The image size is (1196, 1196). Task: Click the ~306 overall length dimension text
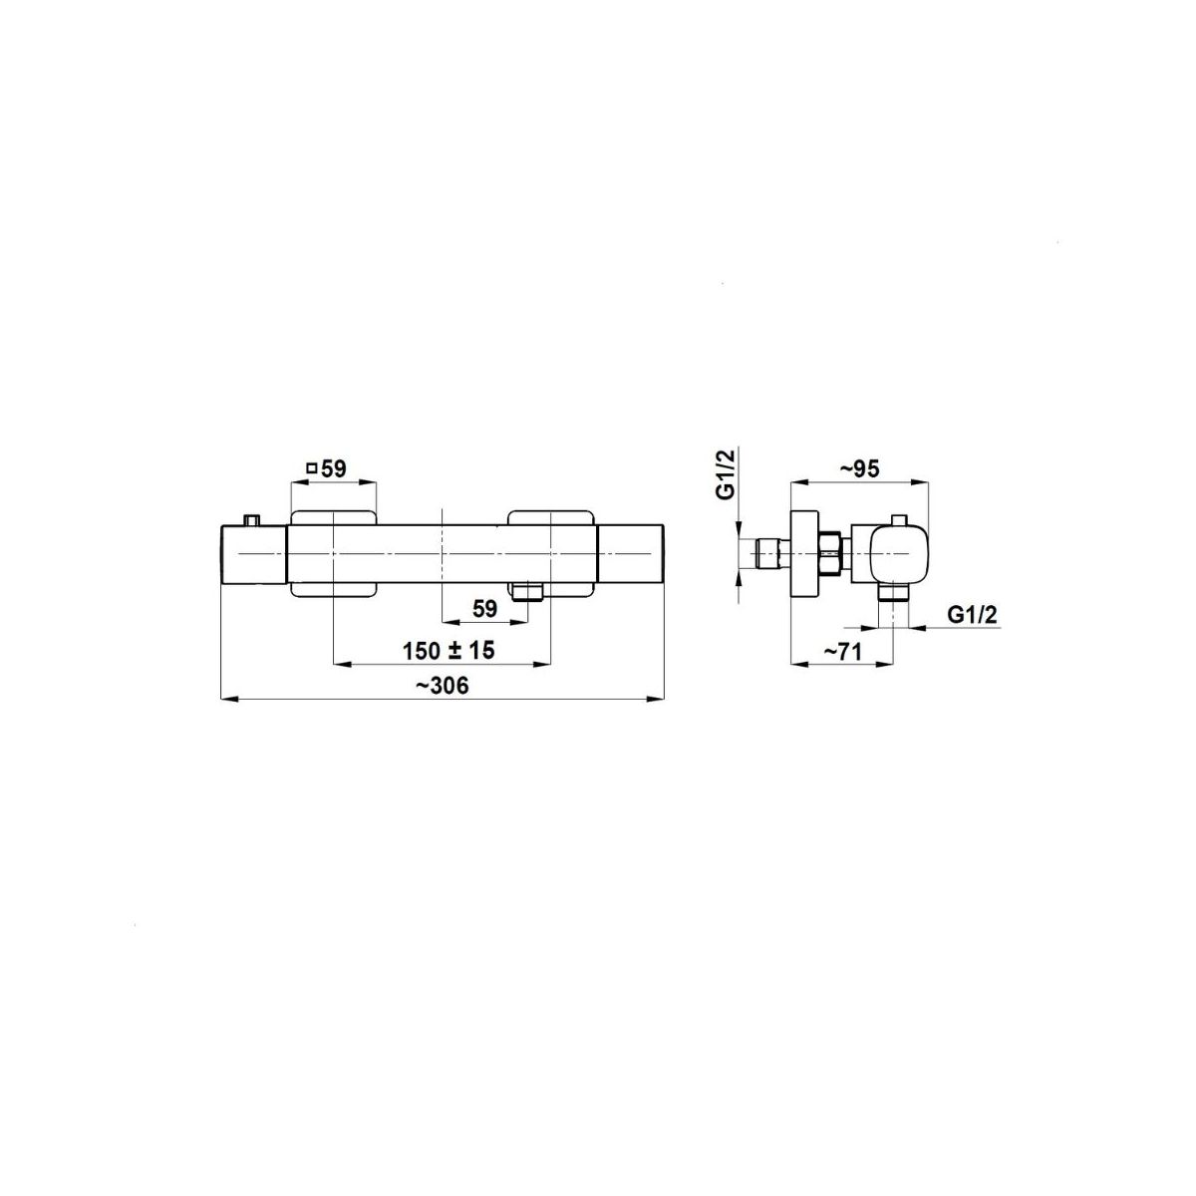point(443,686)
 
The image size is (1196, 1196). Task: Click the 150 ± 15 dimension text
point(448,651)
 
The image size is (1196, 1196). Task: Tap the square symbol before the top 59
point(313,468)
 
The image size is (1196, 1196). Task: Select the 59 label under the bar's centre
point(484,610)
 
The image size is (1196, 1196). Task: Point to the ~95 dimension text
point(859,469)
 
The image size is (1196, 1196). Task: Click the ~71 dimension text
point(842,652)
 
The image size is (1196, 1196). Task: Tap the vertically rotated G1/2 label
point(726,474)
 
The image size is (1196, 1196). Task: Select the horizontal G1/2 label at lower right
point(972,615)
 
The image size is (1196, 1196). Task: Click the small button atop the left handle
point(251,520)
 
